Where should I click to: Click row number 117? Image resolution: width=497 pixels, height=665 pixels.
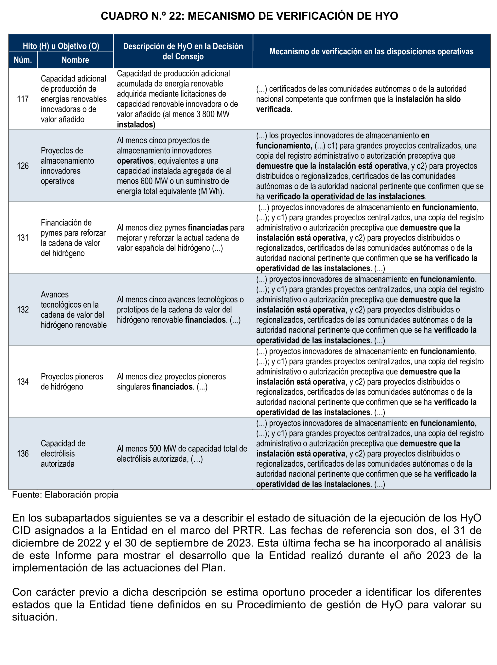(23, 99)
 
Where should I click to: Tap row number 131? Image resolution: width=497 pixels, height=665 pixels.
(23, 238)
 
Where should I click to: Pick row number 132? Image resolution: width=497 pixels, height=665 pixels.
(23, 310)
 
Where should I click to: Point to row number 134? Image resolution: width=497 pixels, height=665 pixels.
(23, 382)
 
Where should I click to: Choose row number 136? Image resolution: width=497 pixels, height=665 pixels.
(23, 454)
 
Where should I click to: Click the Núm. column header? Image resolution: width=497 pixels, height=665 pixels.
(23, 60)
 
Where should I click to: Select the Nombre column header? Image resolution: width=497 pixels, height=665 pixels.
(75, 60)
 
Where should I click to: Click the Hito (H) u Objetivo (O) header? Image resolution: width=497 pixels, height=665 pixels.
(61, 46)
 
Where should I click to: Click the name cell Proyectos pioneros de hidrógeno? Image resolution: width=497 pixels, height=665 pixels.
(72, 382)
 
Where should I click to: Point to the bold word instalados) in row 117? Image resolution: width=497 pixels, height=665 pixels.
(136, 125)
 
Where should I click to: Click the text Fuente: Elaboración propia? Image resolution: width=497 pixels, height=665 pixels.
(65, 494)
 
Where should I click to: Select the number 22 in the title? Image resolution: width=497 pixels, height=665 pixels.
(175, 16)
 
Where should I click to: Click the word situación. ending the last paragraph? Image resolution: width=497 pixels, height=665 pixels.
(35, 617)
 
